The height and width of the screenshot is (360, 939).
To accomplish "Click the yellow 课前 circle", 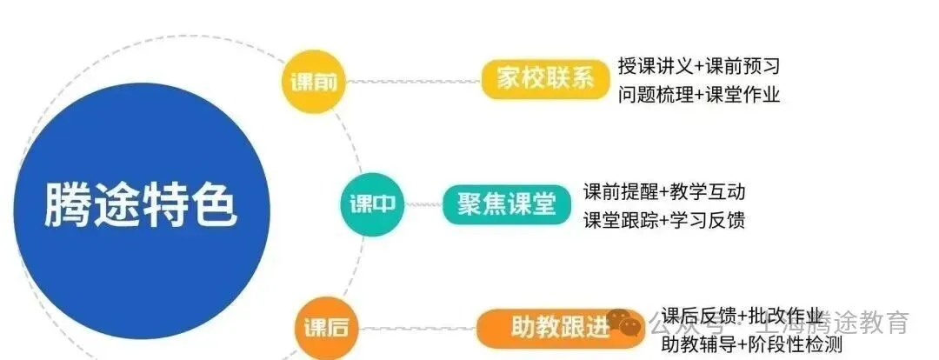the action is (x=314, y=83).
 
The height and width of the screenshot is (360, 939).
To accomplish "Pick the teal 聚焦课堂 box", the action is (x=506, y=203).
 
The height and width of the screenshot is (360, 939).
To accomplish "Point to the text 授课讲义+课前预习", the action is (x=698, y=66).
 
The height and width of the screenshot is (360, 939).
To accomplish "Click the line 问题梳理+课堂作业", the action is (x=698, y=95).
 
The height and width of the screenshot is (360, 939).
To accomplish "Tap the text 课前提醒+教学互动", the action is (x=664, y=191).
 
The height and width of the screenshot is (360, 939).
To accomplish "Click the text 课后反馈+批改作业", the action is (x=741, y=316).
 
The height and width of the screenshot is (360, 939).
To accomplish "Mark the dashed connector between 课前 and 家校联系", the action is (x=412, y=83).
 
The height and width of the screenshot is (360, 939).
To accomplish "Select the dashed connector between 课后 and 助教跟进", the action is (x=417, y=328).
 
